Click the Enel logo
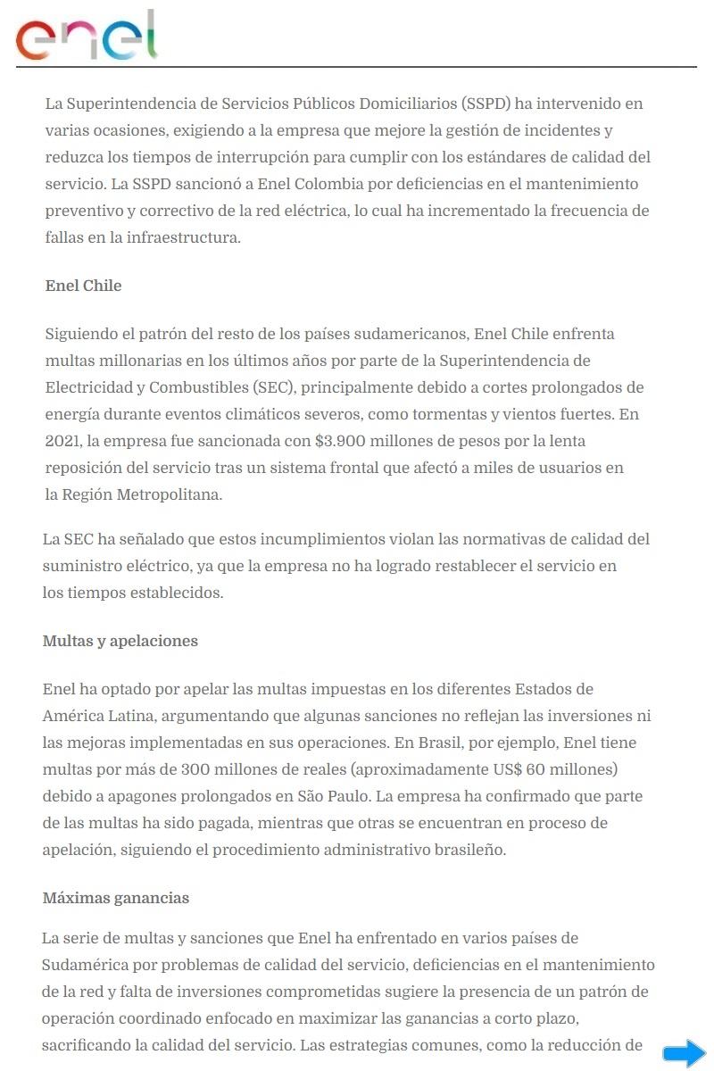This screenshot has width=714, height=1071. [x=87, y=37]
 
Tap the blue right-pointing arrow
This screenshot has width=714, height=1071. [x=684, y=1052]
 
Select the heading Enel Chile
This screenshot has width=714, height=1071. [x=83, y=286]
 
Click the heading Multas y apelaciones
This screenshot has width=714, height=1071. [x=120, y=641]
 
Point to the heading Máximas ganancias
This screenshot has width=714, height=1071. [x=116, y=898]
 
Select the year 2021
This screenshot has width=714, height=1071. [x=62, y=442]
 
